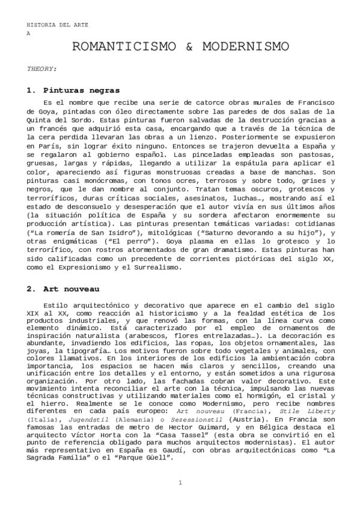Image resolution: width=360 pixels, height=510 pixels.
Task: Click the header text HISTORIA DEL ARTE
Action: click(x=49, y=25)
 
